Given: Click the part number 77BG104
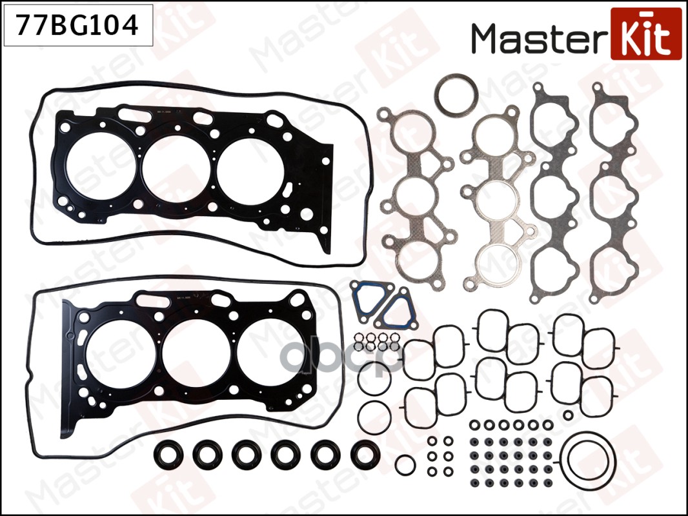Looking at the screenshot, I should click(78, 26).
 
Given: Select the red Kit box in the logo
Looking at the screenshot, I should click(645, 34).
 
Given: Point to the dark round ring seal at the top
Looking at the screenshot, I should click(455, 95).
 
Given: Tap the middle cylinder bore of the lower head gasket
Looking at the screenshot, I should click(191, 357).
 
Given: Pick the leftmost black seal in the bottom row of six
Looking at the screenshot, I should click(169, 455).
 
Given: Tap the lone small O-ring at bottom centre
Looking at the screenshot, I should click(405, 465).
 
